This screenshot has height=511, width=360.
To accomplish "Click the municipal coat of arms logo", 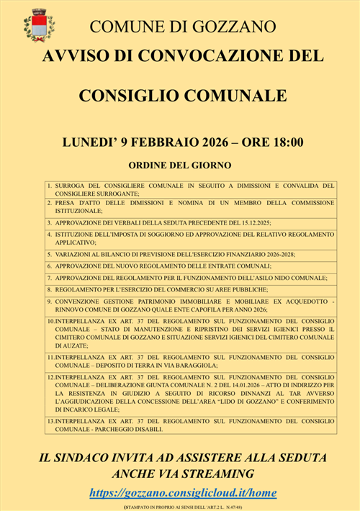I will tap(40, 26).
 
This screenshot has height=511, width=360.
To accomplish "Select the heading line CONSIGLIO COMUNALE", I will tap(182, 96).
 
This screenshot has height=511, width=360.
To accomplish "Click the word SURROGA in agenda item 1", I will tap(73, 186).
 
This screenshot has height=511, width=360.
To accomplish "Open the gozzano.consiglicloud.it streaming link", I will tap(183, 493).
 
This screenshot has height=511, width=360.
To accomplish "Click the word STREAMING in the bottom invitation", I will tap(214, 474).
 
